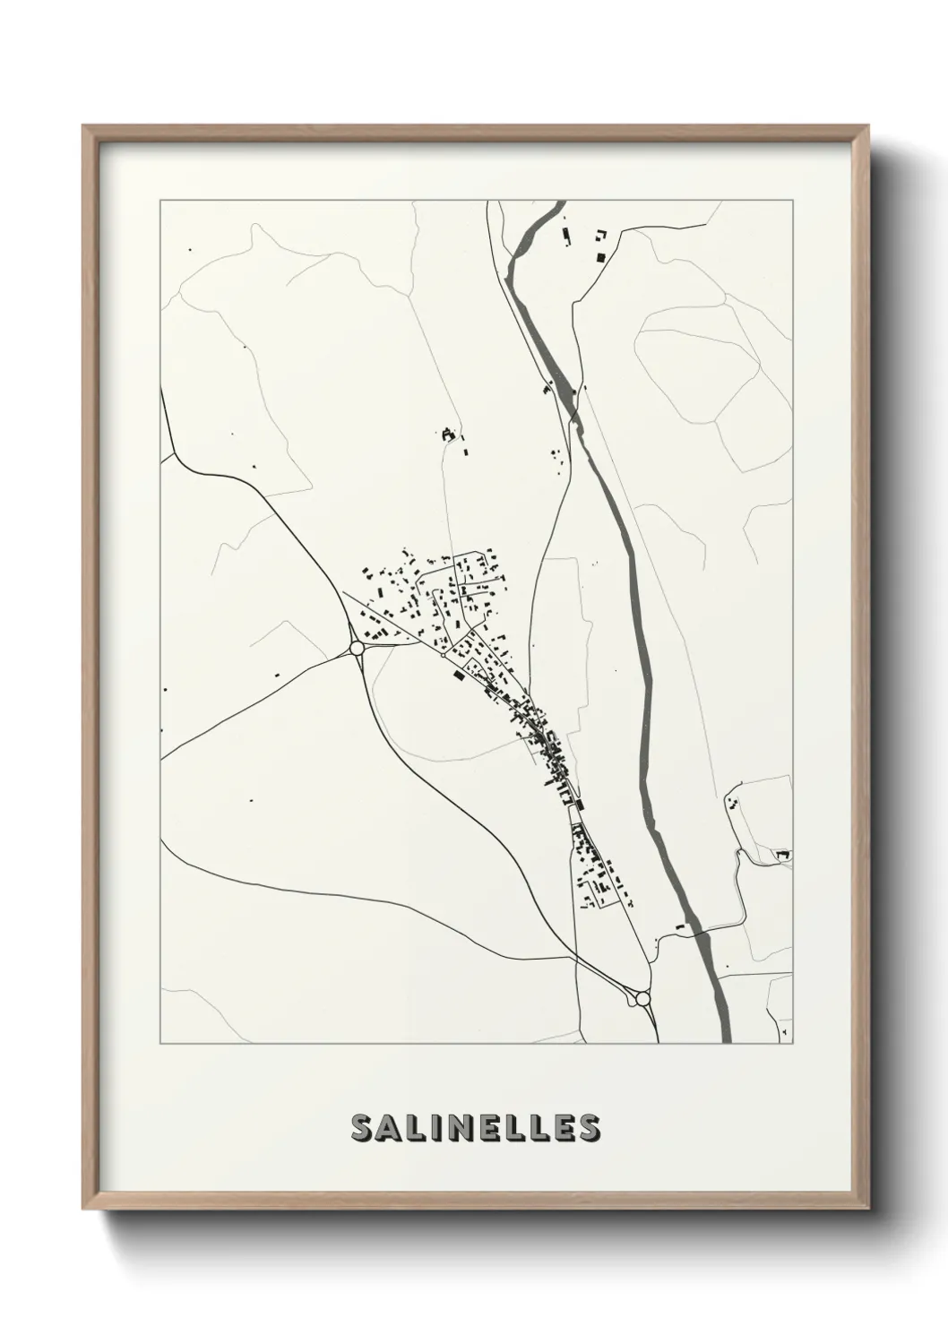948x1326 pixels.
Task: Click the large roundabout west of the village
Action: coord(357,647)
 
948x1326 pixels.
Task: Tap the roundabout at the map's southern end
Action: coord(642,998)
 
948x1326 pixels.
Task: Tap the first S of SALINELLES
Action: coord(363,1128)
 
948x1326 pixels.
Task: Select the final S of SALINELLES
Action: coord(589,1128)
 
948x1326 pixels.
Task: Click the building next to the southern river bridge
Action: coord(679,926)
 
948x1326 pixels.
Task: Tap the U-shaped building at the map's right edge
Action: coord(783,856)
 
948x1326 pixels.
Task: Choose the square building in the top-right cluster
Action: coord(601,257)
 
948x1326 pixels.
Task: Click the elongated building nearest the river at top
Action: coord(565,237)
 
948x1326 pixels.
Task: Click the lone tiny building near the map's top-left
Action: coord(188,249)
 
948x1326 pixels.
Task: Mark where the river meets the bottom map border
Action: coord(727,1042)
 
